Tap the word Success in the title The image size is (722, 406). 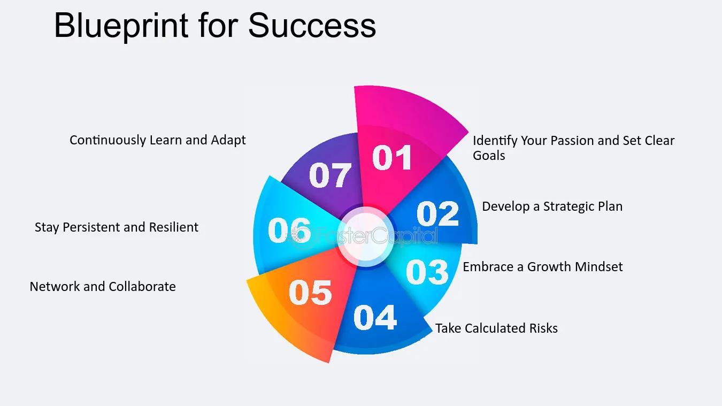pyautogui.click(x=312, y=26)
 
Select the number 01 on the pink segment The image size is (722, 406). pyautogui.click(x=391, y=157)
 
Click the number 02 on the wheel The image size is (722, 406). pyautogui.click(x=437, y=213)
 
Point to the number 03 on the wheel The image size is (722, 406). pyautogui.click(x=427, y=272)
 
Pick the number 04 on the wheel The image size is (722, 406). pyautogui.click(x=375, y=317)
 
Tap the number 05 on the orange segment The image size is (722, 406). pyautogui.click(x=310, y=293)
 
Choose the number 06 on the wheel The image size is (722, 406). pyautogui.click(x=289, y=230)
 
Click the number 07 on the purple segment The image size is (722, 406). pyautogui.click(x=330, y=175)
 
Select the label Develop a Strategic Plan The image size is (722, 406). pyautogui.click(x=552, y=206)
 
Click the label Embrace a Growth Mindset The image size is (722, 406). pyautogui.click(x=543, y=267)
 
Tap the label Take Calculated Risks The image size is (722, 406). pyautogui.click(x=496, y=328)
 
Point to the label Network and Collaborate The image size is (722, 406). pyautogui.click(x=103, y=286)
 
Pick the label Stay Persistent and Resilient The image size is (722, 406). pyautogui.click(x=117, y=227)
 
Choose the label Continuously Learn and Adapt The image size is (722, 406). pyautogui.click(x=158, y=140)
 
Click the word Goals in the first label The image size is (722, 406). pyautogui.click(x=489, y=156)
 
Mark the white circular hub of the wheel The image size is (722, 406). pyautogui.click(x=366, y=237)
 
